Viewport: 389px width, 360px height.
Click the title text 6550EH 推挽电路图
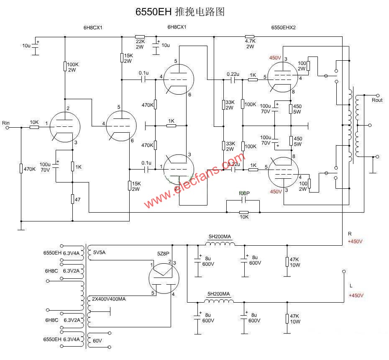(x=180, y=12)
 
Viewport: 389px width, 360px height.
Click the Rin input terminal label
(x=6, y=123)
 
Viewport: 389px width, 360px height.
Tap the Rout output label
(x=377, y=100)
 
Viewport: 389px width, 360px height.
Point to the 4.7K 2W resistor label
(x=250, y=44)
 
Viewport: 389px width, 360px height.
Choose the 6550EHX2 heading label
(x=284, y=27)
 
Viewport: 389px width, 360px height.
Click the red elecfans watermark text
(x=194, y=180)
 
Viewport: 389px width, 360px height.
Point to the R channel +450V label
(x=355, y=242)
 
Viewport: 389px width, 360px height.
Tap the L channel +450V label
(x=356, y=295)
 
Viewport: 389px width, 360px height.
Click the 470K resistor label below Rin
(x=30, y=169)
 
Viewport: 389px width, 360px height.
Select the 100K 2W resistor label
(x=72, y=67)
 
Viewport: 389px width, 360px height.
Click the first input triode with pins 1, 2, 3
(x=63, y=126)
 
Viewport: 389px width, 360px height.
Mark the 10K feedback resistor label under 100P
(x=243, y=216)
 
